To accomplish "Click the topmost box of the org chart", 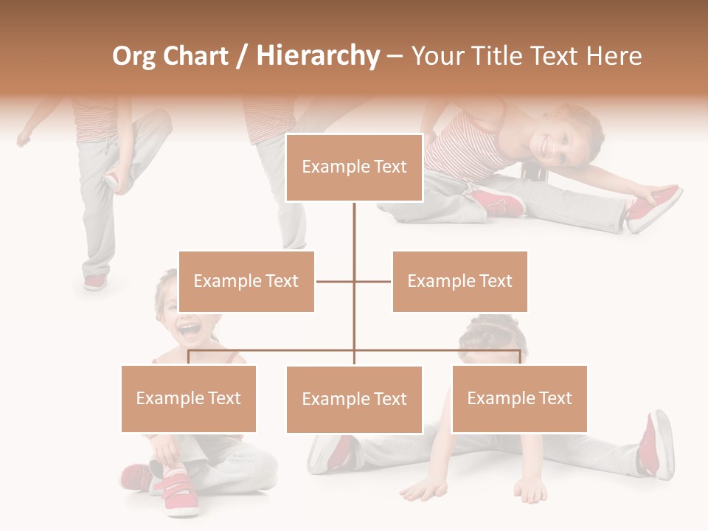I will click(x=354, y=167).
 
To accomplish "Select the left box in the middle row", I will click(x=246, y=281).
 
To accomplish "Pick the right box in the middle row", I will click(x=459, y=281).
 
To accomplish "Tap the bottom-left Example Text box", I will click(x=189, y=398).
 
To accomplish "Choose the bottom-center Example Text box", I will click(x=354, y=399).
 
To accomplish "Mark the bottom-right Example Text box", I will click(x=519, y=398).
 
